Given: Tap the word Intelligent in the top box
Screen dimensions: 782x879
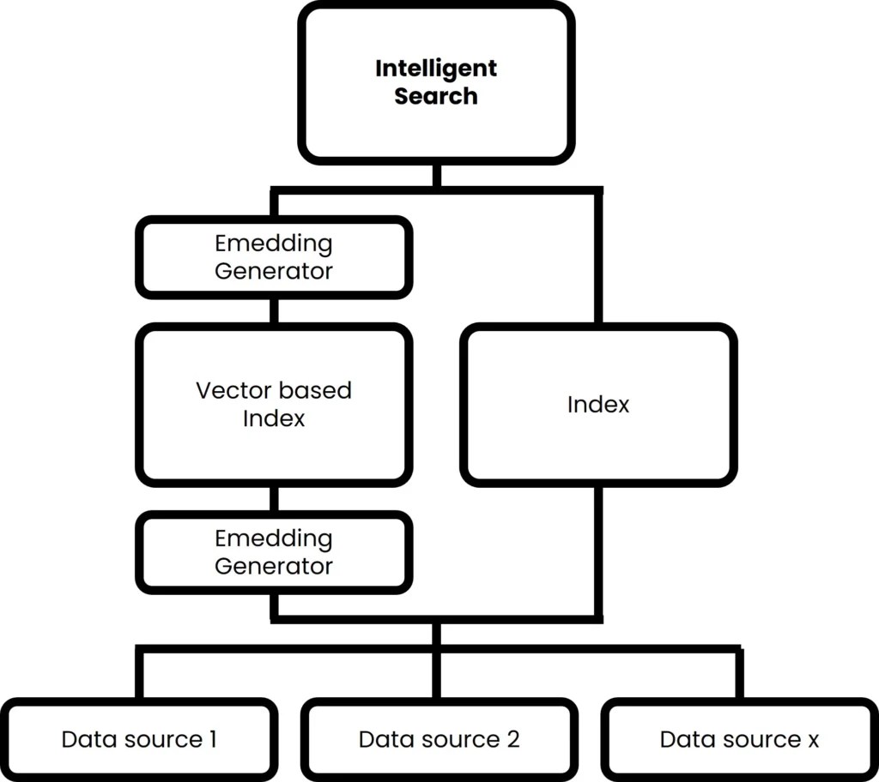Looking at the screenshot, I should pos(436,68).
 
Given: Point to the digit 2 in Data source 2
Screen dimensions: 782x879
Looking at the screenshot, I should pos(512,739).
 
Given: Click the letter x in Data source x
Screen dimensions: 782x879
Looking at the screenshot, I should pos(812,739).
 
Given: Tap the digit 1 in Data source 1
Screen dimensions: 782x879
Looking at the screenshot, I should pos(211,739).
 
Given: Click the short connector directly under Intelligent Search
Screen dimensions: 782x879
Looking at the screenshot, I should pos(436,175).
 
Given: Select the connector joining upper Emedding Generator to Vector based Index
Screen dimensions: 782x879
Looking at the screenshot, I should pos(274,310).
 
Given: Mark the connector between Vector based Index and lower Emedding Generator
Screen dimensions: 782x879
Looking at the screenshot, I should pos(274,498).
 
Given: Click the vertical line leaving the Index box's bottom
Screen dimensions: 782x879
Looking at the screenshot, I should pos(598,549).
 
